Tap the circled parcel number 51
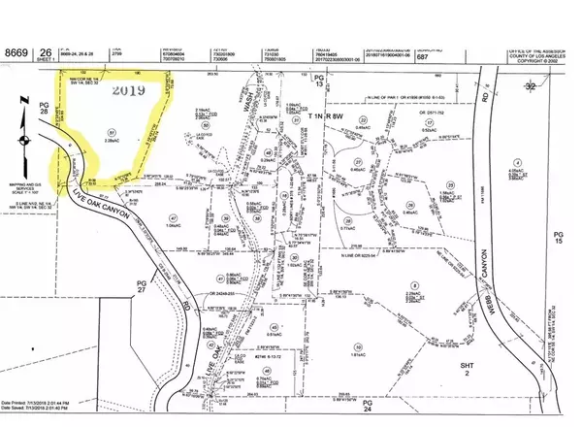click(x=121, y=133)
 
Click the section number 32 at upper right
click(x=558, y=85)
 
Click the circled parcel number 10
click(x=358, y=346)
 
